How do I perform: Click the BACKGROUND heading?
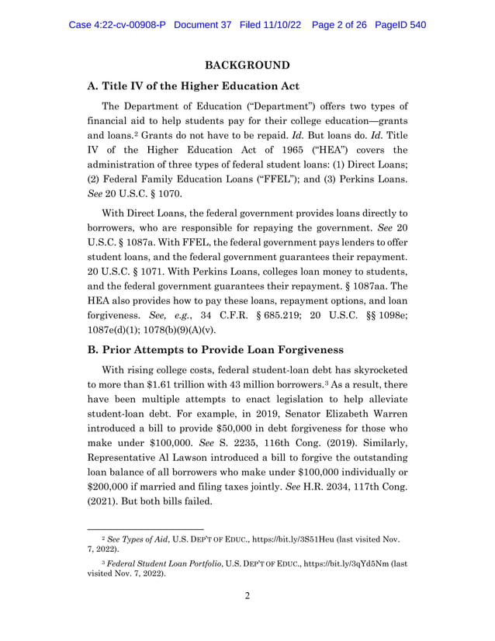pyautogui.click(x=247, y=64)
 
